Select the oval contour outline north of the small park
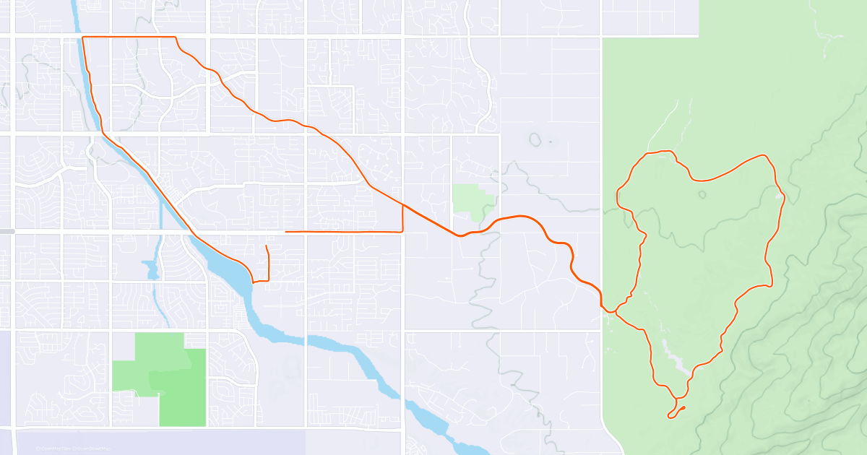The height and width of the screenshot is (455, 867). tap(535, 138)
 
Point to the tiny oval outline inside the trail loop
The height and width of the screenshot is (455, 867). tap(702, 194)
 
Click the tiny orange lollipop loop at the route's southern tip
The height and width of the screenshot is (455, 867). tap(676, 412)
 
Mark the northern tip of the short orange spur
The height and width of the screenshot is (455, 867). tap(267, 246)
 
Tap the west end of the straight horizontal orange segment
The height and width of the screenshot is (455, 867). tap(287, 232)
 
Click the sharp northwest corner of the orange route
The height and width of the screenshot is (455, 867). tap(84, 37)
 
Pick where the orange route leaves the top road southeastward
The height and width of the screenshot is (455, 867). tap(176, 38)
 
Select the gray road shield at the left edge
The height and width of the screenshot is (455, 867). tap(7, 231)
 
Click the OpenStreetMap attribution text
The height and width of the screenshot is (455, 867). tap(93, 449)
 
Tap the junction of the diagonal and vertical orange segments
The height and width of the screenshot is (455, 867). tap(402, 205)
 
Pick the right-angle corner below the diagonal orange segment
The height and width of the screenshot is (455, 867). tap(402, 231)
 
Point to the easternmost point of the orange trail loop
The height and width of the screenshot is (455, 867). tap(784, 200)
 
